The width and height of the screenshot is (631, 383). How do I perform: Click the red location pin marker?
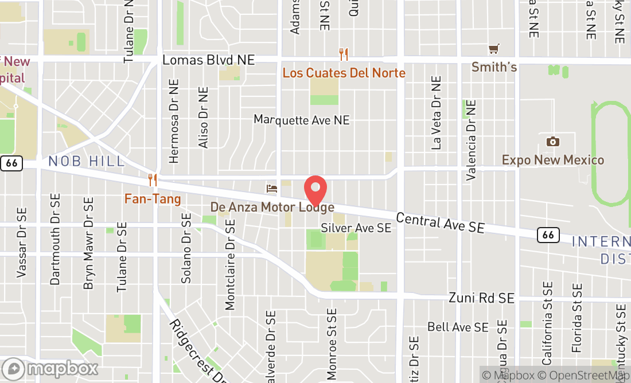(315, 190)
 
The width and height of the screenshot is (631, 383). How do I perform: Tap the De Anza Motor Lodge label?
(272, 207)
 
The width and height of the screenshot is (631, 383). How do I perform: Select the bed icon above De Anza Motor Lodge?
(272, 188)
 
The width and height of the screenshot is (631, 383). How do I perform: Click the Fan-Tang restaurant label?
(153, 200)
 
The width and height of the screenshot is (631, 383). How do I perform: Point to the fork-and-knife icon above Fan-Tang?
(153, 180)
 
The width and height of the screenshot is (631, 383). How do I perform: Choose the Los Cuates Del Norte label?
(344, 73)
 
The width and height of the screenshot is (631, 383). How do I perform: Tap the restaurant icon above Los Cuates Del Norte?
(344, 54)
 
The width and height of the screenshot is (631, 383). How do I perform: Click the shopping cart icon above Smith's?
(494, 49)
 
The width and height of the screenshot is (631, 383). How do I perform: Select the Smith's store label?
(494, 68)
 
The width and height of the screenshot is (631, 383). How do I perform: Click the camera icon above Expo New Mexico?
(553, 141)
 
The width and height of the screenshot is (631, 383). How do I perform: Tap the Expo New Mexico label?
(553, 160)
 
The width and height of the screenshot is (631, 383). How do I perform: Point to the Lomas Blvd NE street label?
(208, 60)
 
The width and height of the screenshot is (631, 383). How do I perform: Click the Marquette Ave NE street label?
(302, 120)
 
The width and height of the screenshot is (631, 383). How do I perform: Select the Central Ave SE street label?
(440, 223)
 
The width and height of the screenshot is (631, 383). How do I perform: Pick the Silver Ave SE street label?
(356, 228)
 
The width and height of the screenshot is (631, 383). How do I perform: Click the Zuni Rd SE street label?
(481, 298)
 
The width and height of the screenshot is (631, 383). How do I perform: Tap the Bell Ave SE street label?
(458, 327)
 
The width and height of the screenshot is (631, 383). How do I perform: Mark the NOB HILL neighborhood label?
(87, 161)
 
